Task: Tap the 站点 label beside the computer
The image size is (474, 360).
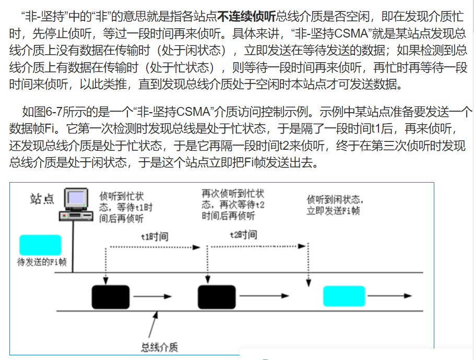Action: (42, 199)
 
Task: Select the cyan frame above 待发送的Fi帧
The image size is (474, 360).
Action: (40, 245)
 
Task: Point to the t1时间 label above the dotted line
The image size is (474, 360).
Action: (155, 236)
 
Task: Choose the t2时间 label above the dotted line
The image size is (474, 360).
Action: (243, 235)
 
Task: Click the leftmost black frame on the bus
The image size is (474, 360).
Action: (110, 297)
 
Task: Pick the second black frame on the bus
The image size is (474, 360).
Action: (217, 297)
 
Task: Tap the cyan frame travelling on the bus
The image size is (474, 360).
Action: (344, 296)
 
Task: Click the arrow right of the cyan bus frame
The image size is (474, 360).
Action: (391, 296)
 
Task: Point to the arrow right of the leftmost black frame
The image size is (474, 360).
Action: (152, 297)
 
